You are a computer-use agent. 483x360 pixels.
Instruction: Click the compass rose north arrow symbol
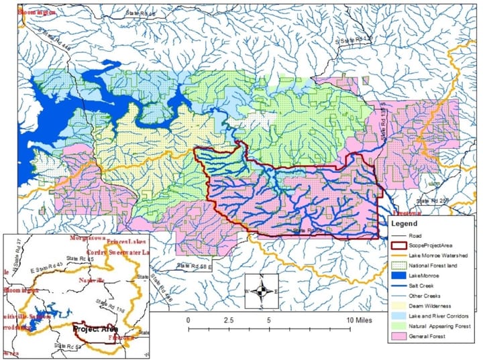point(264,291)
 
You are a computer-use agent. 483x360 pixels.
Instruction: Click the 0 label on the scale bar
point(189,320)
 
